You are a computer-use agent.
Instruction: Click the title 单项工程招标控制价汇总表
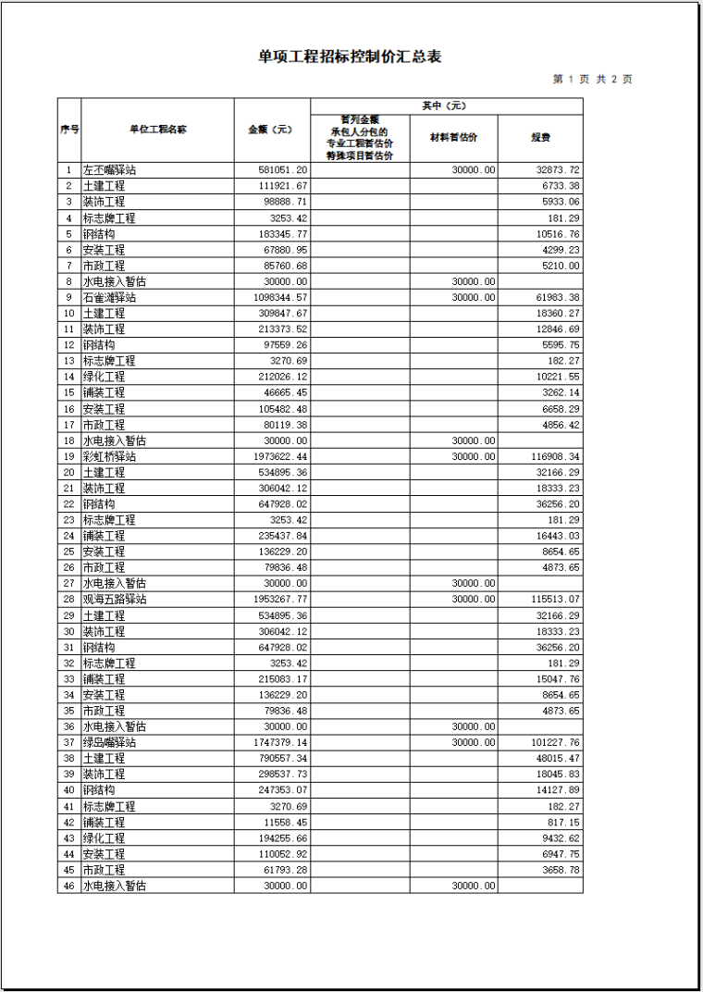[x=350, y=57]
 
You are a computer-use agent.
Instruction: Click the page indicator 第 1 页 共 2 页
[x=592, y=80]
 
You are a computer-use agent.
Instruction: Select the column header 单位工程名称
[x=156, y=130]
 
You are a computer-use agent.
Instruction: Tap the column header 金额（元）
[x=270, y=130]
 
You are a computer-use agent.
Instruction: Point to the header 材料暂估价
[x=453, y=138]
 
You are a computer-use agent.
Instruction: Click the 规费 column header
[x=540, y=138]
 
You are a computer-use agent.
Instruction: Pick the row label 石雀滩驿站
[x=110, y=298]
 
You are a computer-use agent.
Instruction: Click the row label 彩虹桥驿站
[x=110, y=457]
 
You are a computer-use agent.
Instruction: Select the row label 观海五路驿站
[x=116, y=600]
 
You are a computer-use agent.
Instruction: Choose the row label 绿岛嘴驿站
[x=110, y=742]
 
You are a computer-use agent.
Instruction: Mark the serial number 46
[x=68, y=886]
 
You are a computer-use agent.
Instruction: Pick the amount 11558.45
[x=286, y=822]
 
